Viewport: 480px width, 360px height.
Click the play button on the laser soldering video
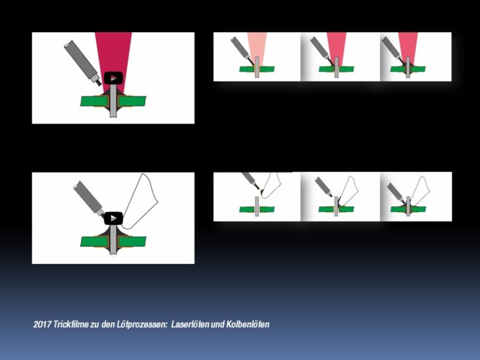coord(113,78)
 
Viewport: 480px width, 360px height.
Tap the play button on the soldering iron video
coord(113,218)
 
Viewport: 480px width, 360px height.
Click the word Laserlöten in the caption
coord(190,324)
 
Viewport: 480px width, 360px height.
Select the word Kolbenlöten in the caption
coord(248,324)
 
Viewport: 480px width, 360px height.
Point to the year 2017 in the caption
coord(42,324)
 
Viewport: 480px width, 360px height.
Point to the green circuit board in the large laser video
coord(113,101)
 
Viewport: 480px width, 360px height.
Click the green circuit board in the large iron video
coord(113,242)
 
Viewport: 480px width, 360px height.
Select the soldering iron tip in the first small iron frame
coord(271,184)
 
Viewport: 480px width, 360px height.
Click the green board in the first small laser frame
coord(257,69)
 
